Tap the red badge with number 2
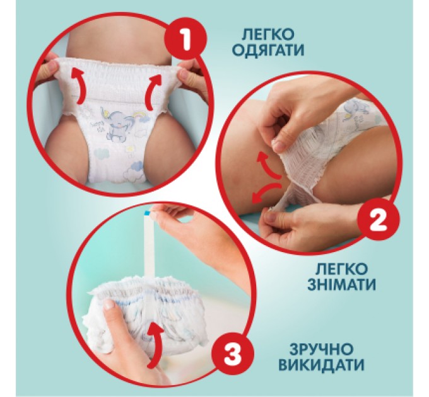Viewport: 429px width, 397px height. click(x=376, y=220)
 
